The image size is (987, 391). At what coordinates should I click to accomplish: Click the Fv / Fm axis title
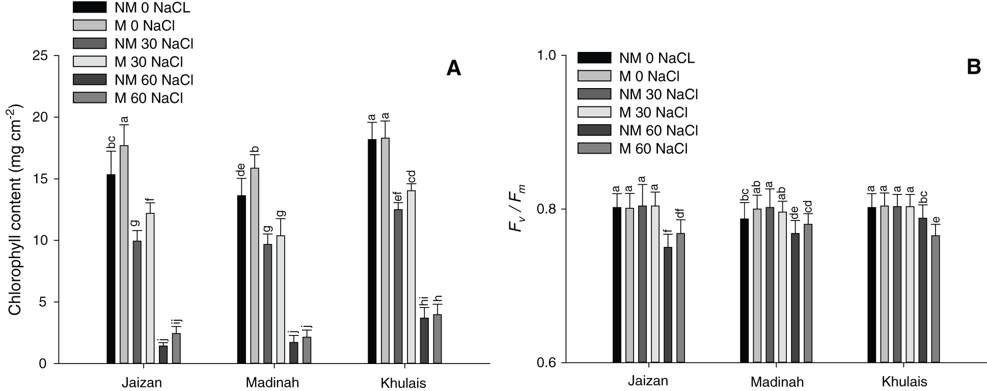(517, 209)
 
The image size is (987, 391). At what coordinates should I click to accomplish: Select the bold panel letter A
(453, 68)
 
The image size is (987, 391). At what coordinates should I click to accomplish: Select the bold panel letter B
(973, 68)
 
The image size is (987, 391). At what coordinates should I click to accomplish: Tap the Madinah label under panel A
(272, 382)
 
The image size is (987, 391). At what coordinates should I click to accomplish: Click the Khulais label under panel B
(904, 382)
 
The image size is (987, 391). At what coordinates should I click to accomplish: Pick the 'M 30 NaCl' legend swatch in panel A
(90, 62)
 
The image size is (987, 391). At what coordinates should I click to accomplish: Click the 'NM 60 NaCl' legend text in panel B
(658, 130)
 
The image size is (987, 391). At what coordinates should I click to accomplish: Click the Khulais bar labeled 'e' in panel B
(936, 299)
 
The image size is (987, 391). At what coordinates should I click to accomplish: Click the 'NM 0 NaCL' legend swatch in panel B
(594, 58)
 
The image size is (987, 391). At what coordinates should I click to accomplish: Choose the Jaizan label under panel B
(648, 382)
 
